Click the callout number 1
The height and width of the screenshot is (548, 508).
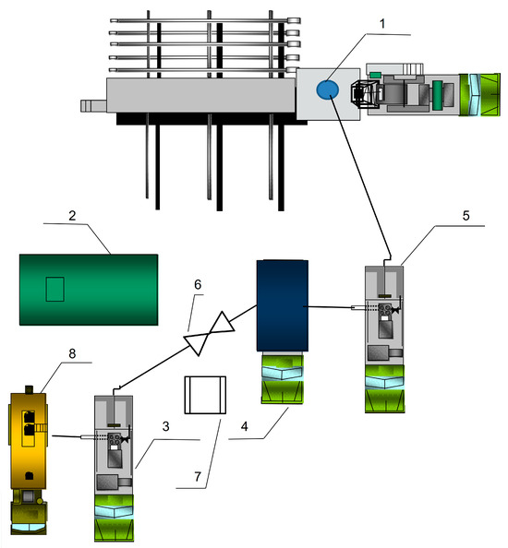pos(382,24)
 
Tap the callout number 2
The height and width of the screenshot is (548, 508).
pos(72,215)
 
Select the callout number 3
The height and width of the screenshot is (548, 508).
pos(166,426)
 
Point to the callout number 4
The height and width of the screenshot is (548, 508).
pos(244,426)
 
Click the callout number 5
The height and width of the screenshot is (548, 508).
pos(466,215)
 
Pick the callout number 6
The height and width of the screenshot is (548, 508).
pos(198,284)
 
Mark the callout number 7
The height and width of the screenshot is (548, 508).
pos(198,476)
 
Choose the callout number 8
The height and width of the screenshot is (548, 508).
pos(72,353)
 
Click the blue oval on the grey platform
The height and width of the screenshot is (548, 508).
pos(328,89)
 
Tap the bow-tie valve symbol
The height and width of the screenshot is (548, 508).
pos(209,334)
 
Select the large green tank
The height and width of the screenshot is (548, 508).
pos(89,290)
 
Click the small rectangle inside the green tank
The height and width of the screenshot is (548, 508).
pos(54,290)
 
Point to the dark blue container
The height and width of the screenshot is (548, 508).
pos(283,305)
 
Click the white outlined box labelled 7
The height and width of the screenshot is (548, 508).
pos(205,395)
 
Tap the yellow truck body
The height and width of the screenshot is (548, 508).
pos(28,440)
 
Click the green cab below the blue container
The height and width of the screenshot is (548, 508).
pos(283,379)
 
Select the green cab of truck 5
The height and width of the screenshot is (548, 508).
pos(384,389)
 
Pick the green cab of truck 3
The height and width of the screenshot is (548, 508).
pos(114,518)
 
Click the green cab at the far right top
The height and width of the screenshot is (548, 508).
pos(479,95)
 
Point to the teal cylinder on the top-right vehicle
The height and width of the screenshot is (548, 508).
pos(437,95)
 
